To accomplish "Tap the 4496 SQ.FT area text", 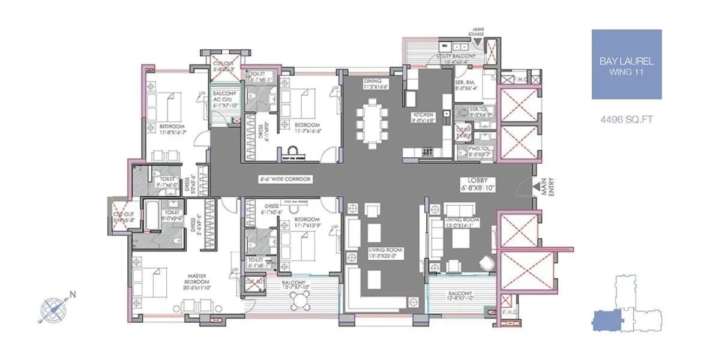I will click(x=627, y=119).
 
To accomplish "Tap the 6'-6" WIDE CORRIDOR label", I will click(x=277, y=179).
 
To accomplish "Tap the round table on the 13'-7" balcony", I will click(x=298, y=303).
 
